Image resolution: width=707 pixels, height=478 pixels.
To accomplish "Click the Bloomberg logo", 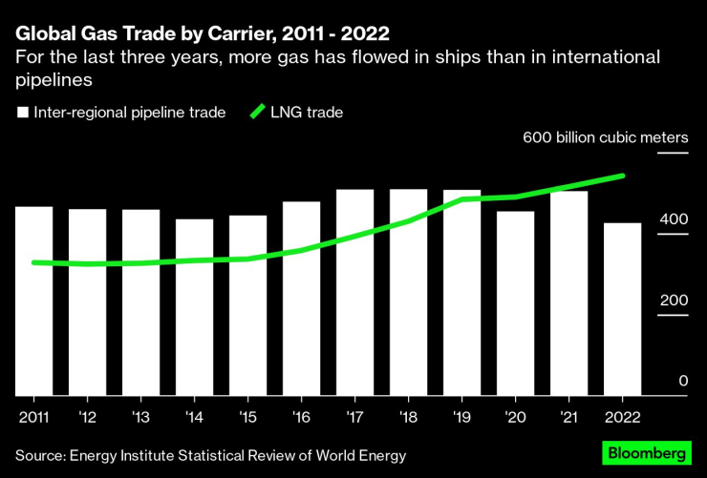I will [x=647, y=454].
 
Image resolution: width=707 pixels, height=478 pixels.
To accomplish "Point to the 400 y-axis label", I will [x=674, y=219].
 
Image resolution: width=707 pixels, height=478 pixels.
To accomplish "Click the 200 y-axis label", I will [x=674, y=301].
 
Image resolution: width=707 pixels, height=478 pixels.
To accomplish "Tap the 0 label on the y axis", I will [x=682, y=382].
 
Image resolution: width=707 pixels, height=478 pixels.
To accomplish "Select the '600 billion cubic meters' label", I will [x=606, y=137].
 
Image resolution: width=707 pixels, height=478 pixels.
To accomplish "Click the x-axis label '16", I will [x=301, y=417].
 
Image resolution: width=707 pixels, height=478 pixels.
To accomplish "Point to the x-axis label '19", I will [x=461, y=417].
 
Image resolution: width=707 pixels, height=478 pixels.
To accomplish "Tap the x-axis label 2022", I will [x=622, y=417].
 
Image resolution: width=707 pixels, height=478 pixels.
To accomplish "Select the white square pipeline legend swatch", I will [x=22, y=113].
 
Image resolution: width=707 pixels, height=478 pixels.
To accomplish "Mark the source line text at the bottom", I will [x=210, y=456].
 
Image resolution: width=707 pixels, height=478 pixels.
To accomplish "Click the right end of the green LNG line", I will [x=623, y=176].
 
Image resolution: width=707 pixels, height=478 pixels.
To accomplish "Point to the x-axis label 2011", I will [x=33, y=417].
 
